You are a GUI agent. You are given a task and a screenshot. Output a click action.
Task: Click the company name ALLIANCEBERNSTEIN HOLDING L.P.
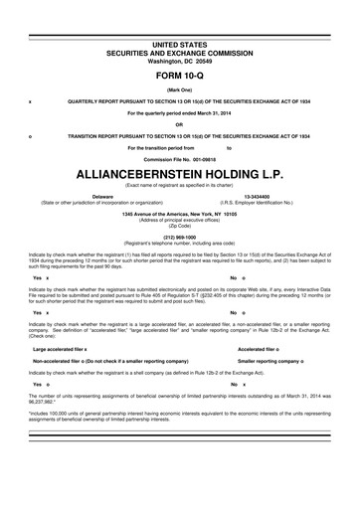[179, 172]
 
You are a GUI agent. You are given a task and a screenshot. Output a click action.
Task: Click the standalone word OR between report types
[179, 124]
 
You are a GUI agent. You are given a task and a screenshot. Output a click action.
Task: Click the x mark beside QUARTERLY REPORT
[32, 102]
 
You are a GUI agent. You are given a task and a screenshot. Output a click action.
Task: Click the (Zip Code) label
[179, 225]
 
